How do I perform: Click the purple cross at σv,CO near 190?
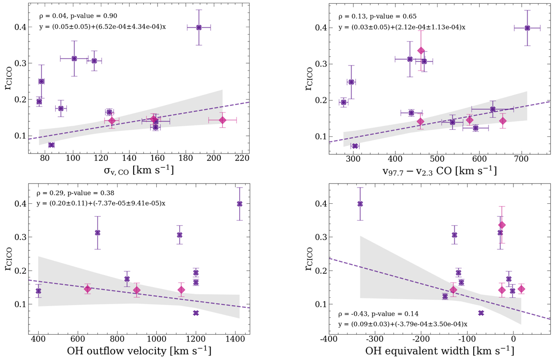(199, 27)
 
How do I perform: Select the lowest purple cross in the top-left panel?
(51, 145)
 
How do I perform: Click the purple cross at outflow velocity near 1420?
(239, 204)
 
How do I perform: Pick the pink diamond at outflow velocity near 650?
(88, 289)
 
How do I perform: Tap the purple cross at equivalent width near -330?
(360, 204)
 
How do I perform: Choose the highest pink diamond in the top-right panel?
(421, 51)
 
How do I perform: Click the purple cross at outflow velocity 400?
(38, 291)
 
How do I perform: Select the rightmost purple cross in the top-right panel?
(528, 28)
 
